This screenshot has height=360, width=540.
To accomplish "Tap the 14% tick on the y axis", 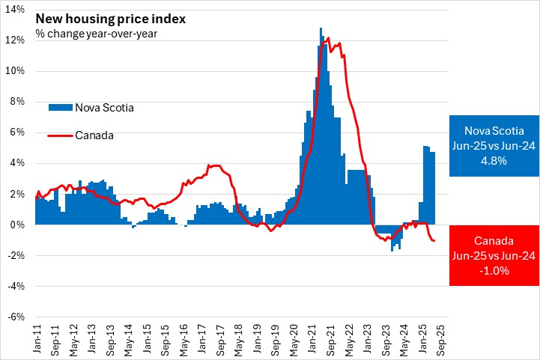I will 16,10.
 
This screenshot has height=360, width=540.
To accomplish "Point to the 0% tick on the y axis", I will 19,225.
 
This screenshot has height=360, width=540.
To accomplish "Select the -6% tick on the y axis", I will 17,317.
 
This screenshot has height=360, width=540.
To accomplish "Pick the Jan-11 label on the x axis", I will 35,335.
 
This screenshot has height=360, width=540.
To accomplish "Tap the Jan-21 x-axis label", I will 312,335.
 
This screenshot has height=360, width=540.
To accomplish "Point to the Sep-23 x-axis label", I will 385,335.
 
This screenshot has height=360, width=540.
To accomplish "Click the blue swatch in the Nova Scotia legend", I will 59,107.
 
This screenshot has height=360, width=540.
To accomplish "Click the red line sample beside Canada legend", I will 59,135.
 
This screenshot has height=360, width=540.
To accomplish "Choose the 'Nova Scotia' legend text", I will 103,107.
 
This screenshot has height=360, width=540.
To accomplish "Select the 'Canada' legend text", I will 94,135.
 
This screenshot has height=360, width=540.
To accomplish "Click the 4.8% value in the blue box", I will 494,160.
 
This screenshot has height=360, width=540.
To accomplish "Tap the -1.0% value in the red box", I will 494,271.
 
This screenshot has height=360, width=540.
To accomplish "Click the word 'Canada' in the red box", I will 494,241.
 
